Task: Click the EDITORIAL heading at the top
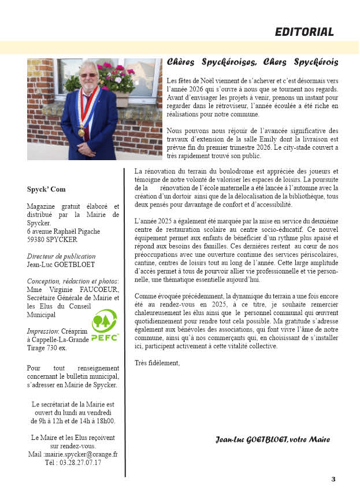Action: [304, 32]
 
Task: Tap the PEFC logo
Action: [104, 326]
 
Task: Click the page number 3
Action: [333, 479]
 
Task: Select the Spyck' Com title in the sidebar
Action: [46, 189]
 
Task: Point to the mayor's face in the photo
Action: [89, 75]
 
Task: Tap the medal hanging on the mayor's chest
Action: [81, 131]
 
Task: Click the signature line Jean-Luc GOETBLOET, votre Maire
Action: [272, 440]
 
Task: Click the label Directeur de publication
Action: [61, 256]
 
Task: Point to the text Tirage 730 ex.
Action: [47, 348]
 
